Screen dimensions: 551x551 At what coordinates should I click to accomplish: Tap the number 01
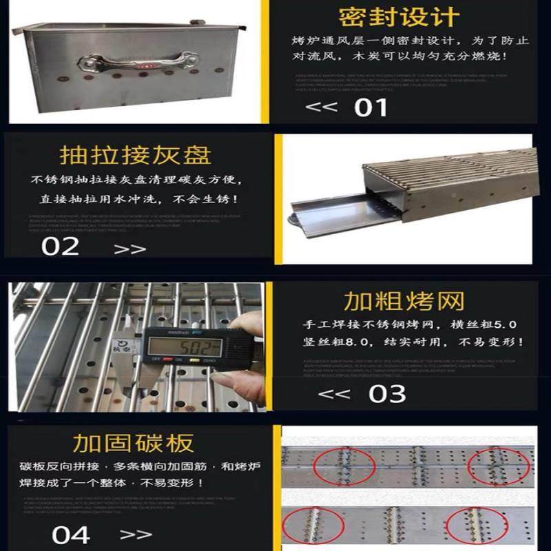point(371,107)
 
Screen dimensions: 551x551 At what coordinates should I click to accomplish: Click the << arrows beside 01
point(321,107)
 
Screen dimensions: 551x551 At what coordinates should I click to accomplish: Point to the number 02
point(60,247)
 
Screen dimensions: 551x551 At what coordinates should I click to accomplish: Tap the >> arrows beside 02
point(129,249)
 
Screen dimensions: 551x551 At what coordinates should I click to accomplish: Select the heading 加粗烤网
point(404,301)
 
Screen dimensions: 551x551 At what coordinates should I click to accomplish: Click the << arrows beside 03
point(336,394)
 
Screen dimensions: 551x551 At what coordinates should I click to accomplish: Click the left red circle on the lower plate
point(314,523)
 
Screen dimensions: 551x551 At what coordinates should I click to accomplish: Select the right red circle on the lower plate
point(472,524)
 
